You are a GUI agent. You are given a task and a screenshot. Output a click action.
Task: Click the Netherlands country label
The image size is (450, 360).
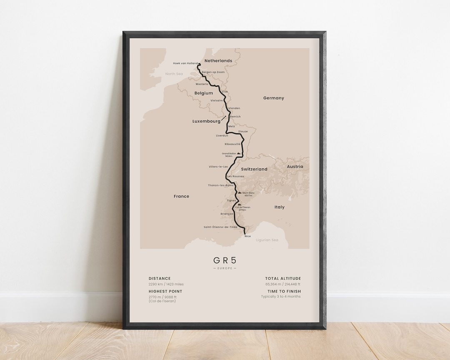click(x=218, y=61)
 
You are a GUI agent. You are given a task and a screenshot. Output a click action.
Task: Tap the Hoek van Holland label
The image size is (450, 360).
click(x=185, y=63)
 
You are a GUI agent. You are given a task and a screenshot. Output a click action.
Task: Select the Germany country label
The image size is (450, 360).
click(x=273, y=98)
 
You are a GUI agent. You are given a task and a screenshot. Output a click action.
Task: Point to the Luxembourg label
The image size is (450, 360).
click(x=206, y=121)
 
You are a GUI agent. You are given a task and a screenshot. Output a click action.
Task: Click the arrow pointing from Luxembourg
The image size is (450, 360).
click(x=224, y=118)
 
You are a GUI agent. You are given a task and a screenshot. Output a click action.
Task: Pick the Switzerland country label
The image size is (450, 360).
click(x=254, y=170)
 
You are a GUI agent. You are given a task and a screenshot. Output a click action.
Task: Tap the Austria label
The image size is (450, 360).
click(x=295, y=167)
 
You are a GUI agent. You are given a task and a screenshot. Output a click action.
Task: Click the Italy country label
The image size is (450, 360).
click(x=279, y=207)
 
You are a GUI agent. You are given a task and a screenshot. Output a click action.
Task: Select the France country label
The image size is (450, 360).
click(x=181, y=196)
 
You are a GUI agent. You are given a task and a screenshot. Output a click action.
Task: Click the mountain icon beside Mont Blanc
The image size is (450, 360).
click(x=239, y=193)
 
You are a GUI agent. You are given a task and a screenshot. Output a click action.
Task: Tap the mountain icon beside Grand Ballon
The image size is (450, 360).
click(x=239, y=153)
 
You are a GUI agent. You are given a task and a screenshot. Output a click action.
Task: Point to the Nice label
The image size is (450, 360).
click(x=248, y=236)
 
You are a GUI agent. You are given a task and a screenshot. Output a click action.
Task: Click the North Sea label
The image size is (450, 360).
click(x=174, y=74)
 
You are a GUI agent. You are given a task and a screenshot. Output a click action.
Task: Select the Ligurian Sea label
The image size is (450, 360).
click(x=267, y=240)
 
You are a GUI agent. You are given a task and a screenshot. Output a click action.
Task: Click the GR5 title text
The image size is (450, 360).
click(x=225, y=260)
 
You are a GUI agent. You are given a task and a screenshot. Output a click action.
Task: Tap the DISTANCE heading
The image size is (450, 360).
click(x=160, y=278)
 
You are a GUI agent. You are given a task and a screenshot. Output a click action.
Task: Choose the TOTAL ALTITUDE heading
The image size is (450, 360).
click(x=283, y=278)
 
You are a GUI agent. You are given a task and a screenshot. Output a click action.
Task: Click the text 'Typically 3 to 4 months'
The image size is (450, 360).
click(x=280, y=297)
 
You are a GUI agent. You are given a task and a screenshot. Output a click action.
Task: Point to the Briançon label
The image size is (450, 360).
click(x=227, y=214)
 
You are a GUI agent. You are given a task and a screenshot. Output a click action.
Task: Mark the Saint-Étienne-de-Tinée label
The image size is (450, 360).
click(x=220, y=227)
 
